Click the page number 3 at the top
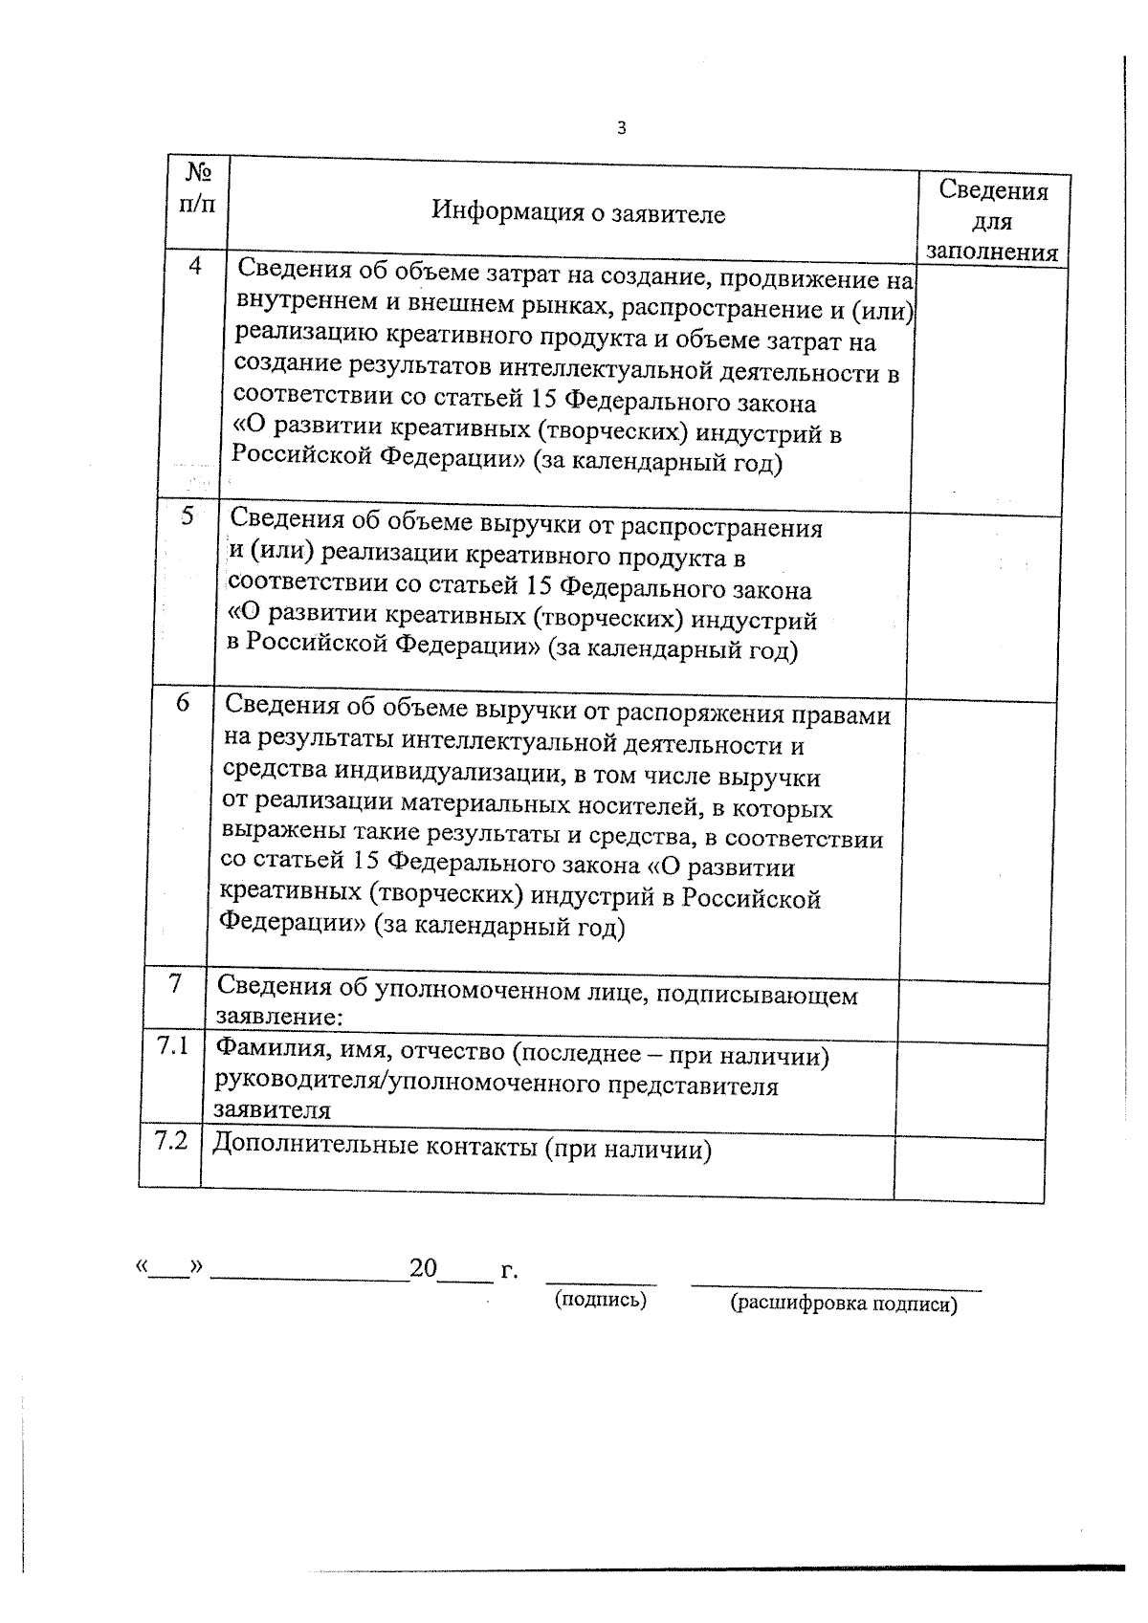622,128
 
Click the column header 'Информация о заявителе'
578,212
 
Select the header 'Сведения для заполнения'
992,221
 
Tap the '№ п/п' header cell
198,188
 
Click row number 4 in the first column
195,267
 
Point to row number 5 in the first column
188,516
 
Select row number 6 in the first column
183,703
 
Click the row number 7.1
173,1046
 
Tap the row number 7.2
170,1140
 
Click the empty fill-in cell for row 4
987,387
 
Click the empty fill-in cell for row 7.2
968,1169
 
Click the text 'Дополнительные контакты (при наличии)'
462,1148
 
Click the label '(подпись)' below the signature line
601,1300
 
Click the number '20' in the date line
423,1269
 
